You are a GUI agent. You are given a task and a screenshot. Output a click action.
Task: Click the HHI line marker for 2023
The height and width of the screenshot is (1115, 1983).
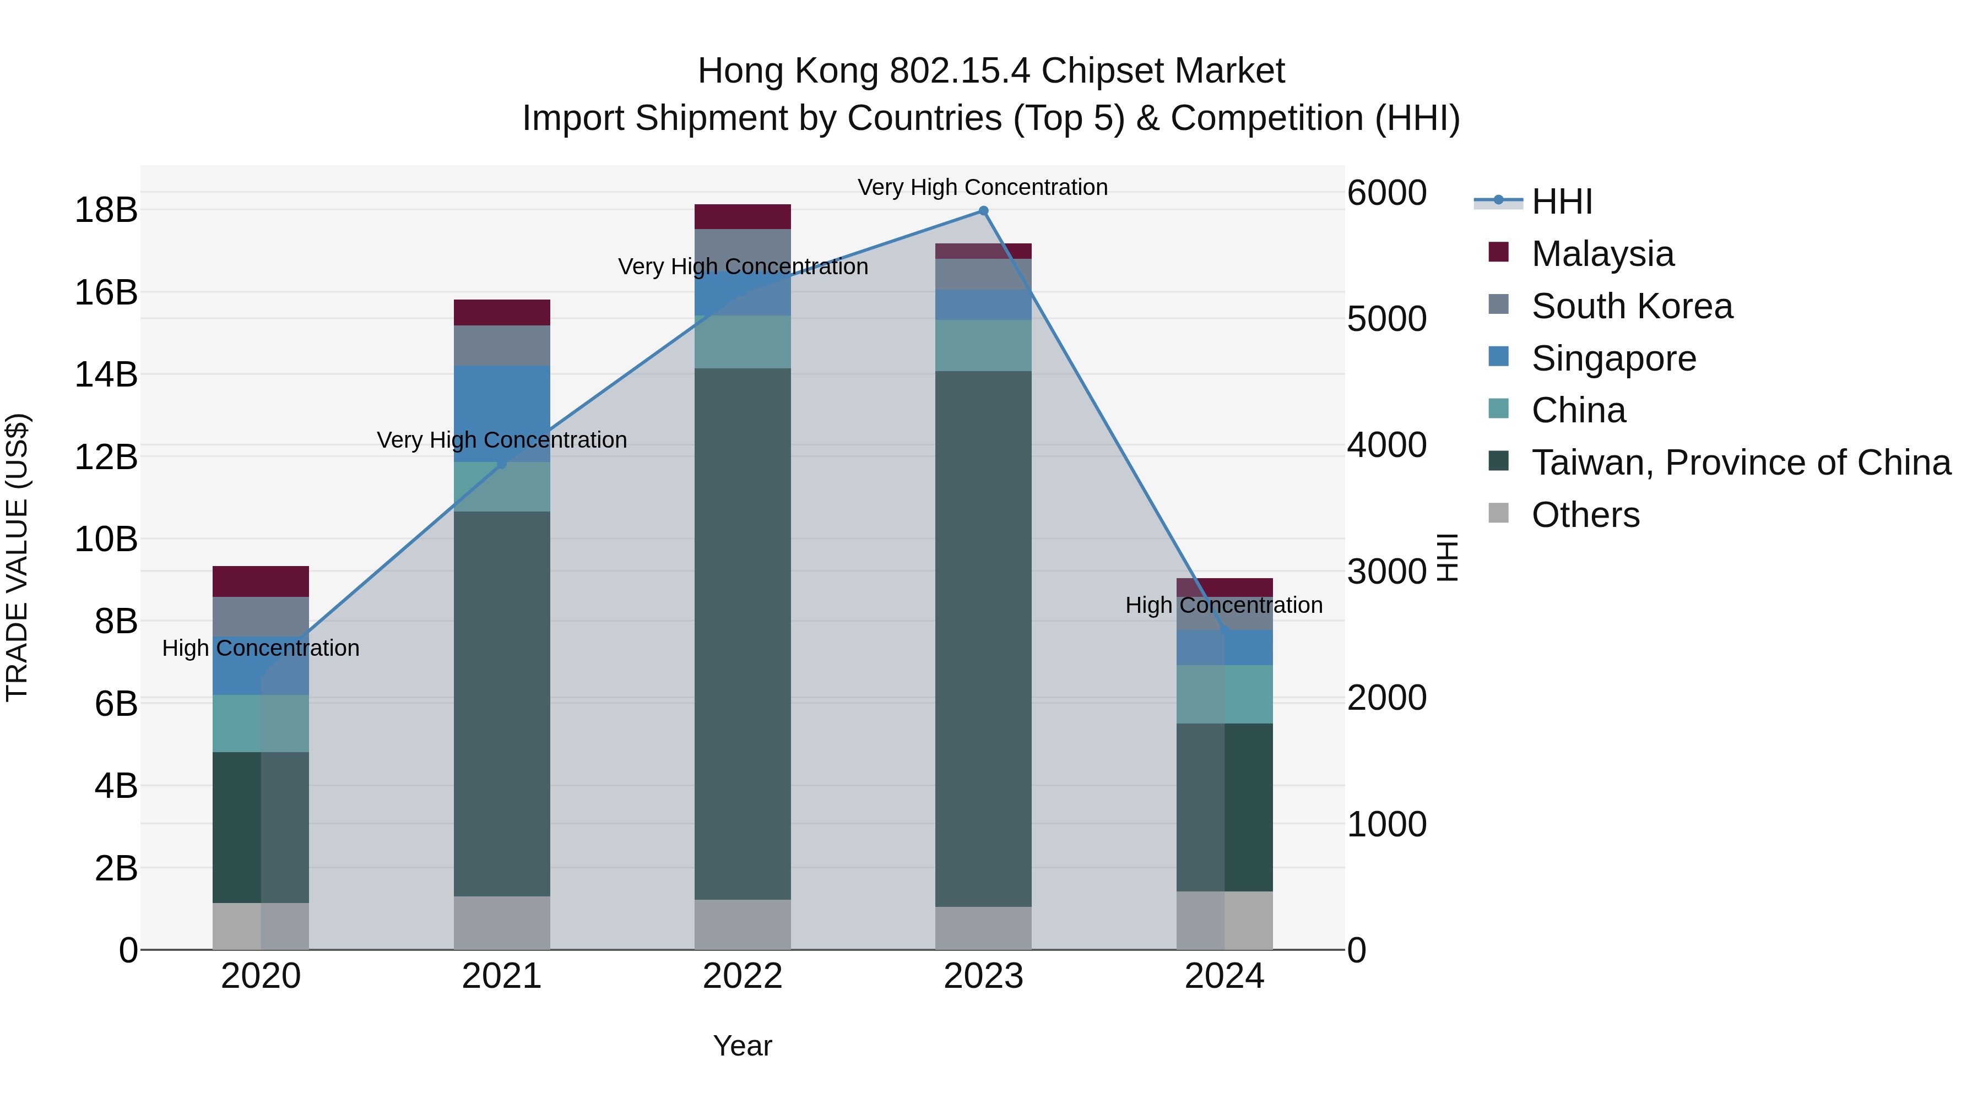pyautogui.click(x=983, y=211)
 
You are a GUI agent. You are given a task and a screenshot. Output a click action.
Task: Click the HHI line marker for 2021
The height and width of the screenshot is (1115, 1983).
pyautogui.click(x=502, y=463)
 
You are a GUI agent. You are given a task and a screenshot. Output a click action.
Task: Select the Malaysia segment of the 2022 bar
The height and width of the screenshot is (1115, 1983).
pyautogui.click(x=742, y=217)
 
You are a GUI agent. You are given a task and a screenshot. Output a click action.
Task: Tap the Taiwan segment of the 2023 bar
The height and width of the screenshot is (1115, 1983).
pyautogui.click(x=983, y=639)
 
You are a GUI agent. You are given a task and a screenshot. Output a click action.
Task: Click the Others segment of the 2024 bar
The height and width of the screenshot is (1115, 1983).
pyautogui.click(x=1224, y=920)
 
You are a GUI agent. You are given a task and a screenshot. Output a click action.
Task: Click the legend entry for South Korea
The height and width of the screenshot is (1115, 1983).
pyautogui.click(x=1632, y=306)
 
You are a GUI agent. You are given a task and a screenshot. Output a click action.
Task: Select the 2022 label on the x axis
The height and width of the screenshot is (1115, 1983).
pyautogui.click(x=742, y=976)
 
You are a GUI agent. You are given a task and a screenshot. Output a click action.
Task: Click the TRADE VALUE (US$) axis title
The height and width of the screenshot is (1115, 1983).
pyautogui.click(x=18, y=557)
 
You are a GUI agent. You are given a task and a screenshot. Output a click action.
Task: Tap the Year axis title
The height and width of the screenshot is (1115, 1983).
pyautogui.click(x=742, y=1046)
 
